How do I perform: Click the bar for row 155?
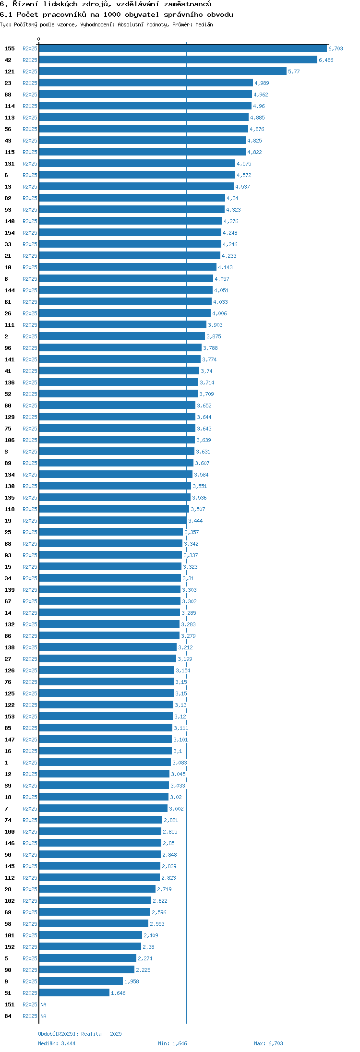pos(183,48)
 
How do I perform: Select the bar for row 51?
pos(74,993)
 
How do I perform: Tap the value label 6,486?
pos(326,60)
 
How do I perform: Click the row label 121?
pos(10,72)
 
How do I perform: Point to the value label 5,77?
pos(294,72)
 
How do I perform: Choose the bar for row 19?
pos(113,521)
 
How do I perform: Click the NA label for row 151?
pos(43,1004)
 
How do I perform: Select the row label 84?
pos(8,1016)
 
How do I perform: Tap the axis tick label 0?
pos(39,39)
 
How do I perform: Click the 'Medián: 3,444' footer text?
pos(57,1043)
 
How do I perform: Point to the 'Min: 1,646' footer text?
pos(172,1043)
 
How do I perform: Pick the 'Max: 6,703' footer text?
pos(268,1043)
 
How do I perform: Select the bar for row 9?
pos(81,981)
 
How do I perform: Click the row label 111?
pos(10,325)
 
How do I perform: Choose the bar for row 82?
pos(132,198)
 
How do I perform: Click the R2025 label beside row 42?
pos(30,60)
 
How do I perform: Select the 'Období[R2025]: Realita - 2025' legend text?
pos(80,1034)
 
